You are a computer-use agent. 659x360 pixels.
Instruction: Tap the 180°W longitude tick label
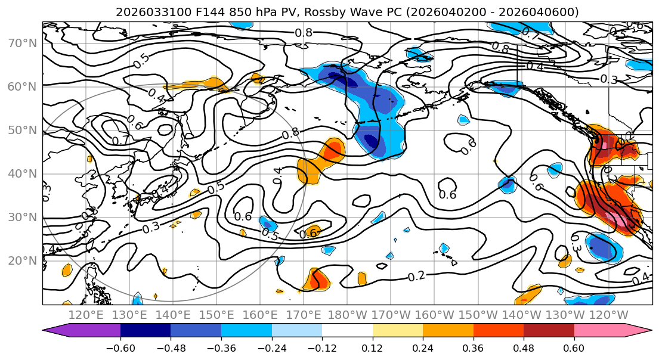347,315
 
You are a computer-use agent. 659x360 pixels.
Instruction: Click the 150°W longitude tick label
478,315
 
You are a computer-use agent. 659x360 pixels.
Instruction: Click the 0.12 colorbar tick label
372,347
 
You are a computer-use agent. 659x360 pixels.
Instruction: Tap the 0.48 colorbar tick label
524,347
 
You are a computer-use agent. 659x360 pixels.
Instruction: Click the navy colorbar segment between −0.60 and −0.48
145,331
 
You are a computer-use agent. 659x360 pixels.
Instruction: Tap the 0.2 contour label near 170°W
417,276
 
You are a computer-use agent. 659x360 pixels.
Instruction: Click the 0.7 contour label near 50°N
120,141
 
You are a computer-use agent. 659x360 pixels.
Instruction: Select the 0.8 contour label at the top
304,33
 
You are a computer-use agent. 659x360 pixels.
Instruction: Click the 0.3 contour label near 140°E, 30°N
151,227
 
